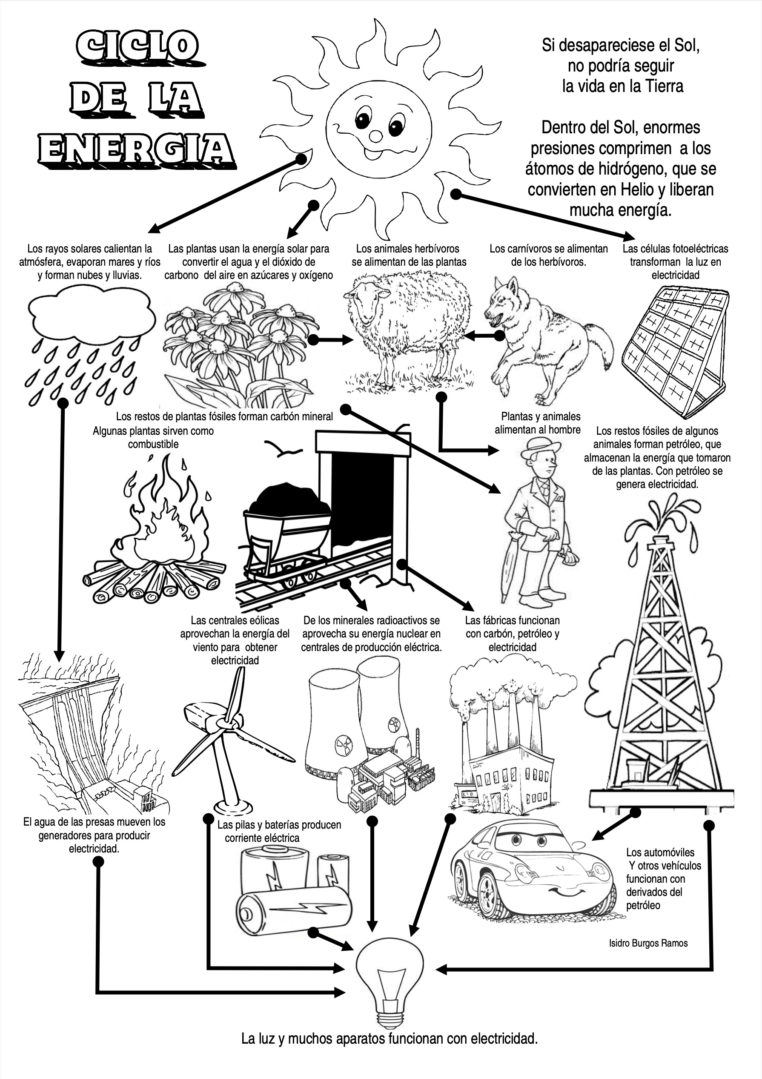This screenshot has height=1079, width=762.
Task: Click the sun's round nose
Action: click(376, 136)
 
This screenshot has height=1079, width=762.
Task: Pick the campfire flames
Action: click(162, 522)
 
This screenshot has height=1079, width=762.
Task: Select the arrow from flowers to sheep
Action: click(331, 339)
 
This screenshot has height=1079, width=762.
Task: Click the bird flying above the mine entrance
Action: click(283, 450)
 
